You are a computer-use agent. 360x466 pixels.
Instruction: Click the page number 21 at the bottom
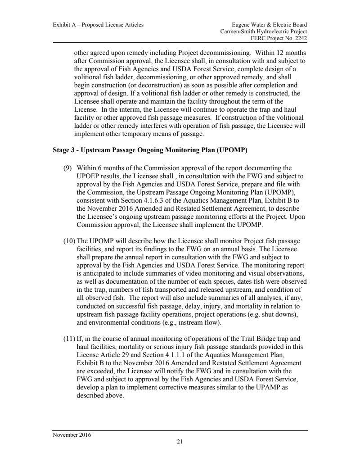[x=180, y=442]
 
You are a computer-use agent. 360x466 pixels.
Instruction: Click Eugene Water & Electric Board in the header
[x=270, y=25]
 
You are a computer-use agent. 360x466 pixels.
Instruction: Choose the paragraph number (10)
[x=68, y=242]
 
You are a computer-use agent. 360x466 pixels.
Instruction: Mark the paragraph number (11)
[x=68, y=337]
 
